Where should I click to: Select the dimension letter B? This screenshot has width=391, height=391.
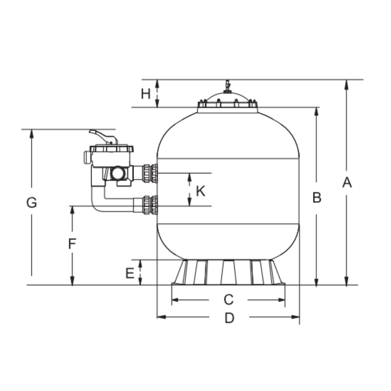point(317,197)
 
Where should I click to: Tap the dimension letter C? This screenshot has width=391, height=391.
point(229,299)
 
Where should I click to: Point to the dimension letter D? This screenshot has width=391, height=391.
point(229,318)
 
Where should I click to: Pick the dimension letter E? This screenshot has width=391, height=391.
point(130,273)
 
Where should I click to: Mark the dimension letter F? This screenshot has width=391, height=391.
point(72,244)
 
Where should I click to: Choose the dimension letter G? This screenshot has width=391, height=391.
point(32,203)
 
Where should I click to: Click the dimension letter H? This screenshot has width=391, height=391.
point(146,94)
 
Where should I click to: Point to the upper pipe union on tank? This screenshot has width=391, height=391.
point(150,173)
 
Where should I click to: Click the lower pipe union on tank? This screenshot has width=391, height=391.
point(150,205)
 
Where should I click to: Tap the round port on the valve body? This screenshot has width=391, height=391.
point(117,173)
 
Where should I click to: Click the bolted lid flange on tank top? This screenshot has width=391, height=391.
point(227,105)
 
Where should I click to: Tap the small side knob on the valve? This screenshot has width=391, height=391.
point(87,157)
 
